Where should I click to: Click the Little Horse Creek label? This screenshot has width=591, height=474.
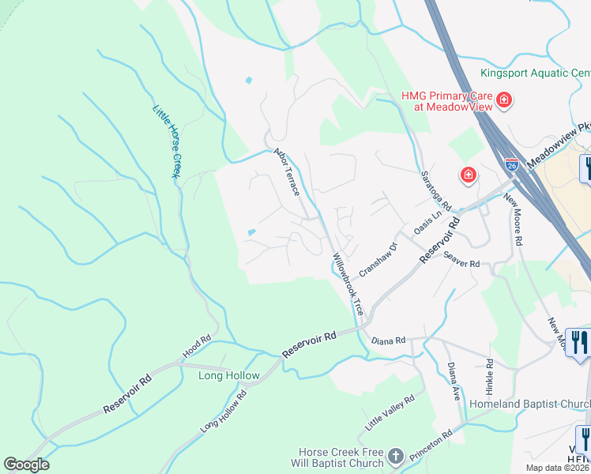coord(167,140)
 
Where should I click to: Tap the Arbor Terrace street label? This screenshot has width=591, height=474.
coord(286,172)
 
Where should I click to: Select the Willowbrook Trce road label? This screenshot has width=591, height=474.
coord(348,285)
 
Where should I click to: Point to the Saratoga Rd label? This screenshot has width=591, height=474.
coord(435,192)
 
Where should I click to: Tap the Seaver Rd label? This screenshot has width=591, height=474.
coord(461,259)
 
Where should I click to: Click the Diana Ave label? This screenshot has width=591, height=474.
coord(454,382)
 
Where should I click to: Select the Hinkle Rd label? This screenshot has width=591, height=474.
coord(490,378)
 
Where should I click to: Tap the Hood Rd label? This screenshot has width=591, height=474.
coord(197,348)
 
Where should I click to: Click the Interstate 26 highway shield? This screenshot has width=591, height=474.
coord(511,166)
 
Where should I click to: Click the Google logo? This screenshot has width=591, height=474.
coord(26,465)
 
